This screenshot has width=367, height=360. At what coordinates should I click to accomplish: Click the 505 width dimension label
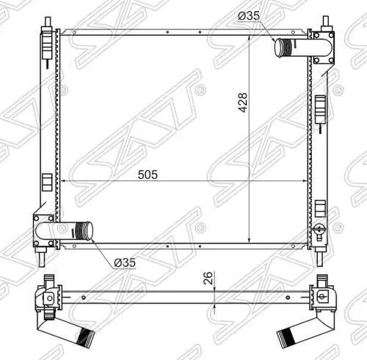click(148, 175)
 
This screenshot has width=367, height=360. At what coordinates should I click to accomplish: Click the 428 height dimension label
click(243, 103)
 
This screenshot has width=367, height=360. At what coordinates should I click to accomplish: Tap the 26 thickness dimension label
click(208, 278)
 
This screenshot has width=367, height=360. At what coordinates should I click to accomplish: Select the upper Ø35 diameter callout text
click(249, 16)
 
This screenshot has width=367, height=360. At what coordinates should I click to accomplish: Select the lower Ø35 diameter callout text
click(125, 262)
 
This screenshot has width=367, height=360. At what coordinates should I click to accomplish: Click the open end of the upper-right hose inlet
click(278, 48)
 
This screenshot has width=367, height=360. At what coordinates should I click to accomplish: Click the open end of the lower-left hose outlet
click(89, 231)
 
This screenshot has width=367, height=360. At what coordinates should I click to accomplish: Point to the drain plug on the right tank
click(319, 229)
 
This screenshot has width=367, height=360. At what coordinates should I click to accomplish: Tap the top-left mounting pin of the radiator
click(48, 21)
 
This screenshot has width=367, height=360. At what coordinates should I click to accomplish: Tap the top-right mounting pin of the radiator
click(326, 21)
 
